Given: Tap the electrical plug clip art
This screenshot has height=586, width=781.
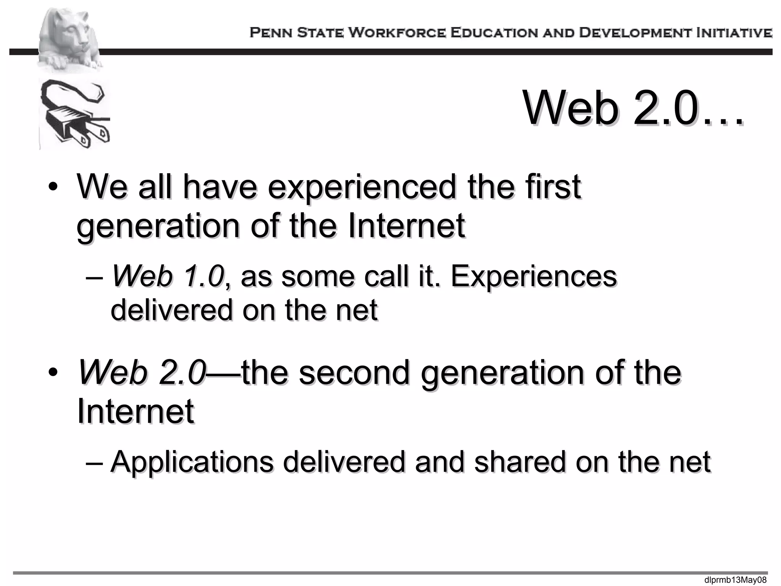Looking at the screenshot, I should click(75, 114).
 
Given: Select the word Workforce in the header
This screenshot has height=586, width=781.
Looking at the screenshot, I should click(397, 33).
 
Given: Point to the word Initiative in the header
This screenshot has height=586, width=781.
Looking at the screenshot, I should click(734, 33).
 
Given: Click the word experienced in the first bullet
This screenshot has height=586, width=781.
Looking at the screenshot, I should click(362, 187).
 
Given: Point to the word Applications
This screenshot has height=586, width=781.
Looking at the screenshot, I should click(192, 462).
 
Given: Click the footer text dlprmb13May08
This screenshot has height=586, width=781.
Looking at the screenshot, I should click(735, 580).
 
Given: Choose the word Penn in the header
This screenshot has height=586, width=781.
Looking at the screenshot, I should click(272, 33).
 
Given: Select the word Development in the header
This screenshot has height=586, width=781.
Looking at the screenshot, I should click(635, 33).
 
